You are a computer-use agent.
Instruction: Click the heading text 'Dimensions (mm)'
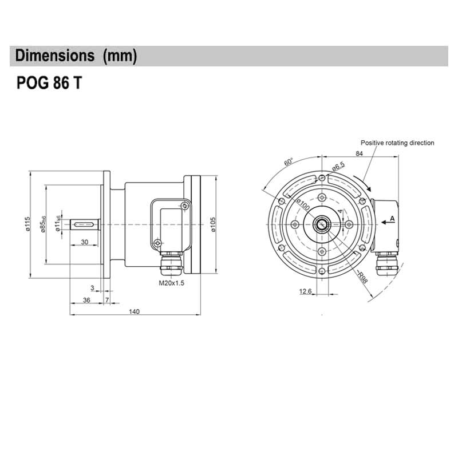pos(76,56)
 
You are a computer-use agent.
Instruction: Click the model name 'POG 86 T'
pos(48,83)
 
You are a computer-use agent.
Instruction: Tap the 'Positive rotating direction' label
pos(397,143)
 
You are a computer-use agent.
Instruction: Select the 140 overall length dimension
pos(134,311)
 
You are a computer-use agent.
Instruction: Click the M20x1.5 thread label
pos(171,283)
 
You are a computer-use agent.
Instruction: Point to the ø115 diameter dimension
pos(27,224)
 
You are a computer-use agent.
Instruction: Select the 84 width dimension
pos(360,153)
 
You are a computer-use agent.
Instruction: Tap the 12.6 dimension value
pos(305,292)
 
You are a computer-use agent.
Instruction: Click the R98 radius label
pos(361,278)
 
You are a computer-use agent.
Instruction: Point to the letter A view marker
pos(392,219)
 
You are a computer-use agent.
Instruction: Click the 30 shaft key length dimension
pos(84,242)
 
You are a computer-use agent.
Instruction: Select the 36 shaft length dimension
pos(86,300)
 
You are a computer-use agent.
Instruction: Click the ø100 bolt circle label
pos(303,204)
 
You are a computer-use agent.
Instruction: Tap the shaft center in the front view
pos(322,224)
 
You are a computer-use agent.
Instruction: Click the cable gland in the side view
pos(171,265)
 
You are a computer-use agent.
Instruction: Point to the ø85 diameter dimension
pos(44,224)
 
